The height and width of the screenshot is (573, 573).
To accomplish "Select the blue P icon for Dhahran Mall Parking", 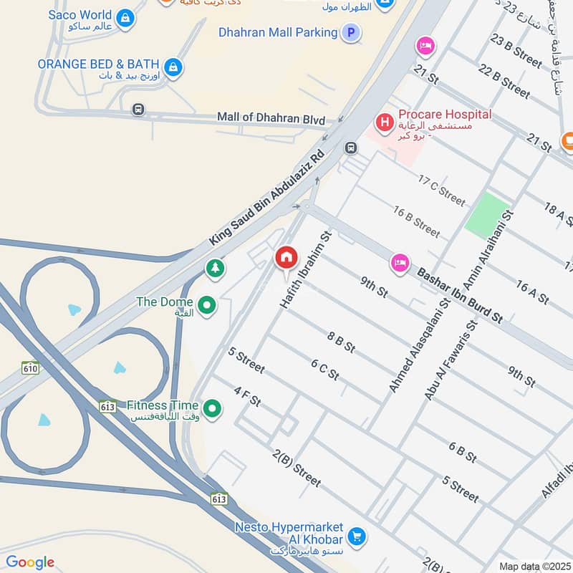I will click(350, 32).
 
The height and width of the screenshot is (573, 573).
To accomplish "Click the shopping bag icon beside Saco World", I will click(125, 19).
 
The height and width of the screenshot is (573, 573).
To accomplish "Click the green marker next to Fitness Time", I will click(211, 410).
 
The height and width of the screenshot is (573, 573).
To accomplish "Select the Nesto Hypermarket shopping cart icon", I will click(356, 536).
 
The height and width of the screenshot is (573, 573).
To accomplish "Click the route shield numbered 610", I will click(29, 367).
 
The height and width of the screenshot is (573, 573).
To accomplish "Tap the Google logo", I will click(30, 562).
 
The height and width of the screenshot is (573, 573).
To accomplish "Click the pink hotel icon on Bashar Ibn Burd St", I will click(400, 263).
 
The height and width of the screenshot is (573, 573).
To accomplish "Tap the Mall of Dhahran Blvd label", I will click(271, 119).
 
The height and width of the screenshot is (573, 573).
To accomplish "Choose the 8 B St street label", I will click(341, 342).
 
